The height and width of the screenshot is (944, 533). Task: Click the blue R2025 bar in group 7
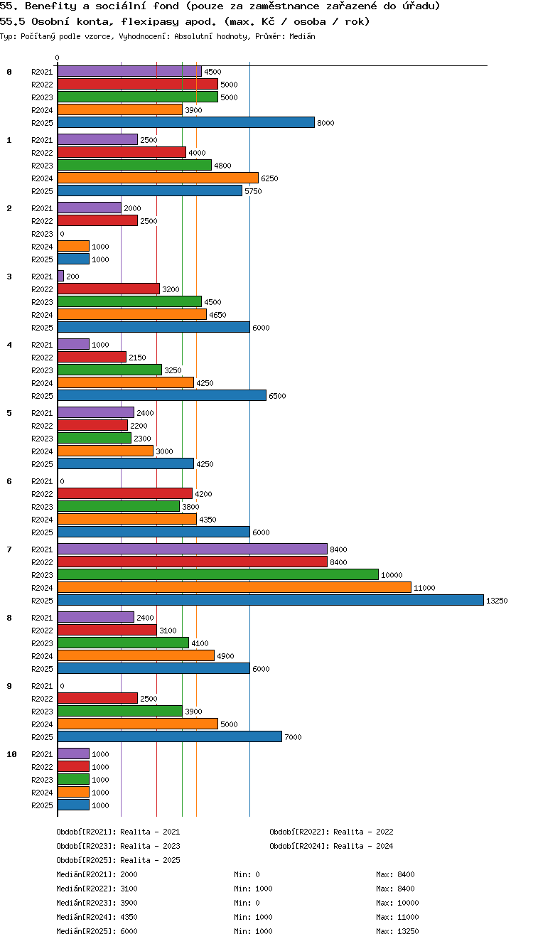271,600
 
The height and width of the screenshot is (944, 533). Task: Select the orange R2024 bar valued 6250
158,178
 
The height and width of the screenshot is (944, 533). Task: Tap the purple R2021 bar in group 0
129,71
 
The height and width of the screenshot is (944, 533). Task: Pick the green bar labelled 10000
218,574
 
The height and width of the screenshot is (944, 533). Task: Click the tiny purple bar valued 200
60,276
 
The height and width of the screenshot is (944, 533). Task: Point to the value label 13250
497,601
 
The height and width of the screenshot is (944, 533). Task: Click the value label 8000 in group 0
325,123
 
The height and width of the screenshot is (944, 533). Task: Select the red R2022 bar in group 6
124,493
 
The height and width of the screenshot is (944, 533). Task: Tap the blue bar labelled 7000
169,736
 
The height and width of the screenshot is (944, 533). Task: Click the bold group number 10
11,754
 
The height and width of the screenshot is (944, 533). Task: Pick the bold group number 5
9,413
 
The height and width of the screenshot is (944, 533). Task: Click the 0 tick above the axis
58,58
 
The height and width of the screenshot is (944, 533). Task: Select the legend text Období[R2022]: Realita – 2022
331,832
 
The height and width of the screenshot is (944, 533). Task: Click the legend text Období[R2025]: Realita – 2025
118,860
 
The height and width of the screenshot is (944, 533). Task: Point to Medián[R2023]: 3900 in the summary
97,903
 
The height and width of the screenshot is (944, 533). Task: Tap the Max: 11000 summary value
397,917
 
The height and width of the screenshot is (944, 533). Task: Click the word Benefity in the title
50,6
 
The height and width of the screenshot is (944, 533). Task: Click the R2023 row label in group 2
42,234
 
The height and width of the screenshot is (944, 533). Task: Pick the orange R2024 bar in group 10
73,792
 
